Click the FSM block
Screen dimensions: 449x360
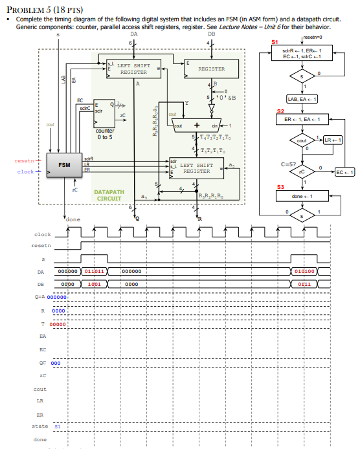[65, 165]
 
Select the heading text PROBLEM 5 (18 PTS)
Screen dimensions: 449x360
[40, 9]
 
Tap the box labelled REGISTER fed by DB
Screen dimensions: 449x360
[211, 68]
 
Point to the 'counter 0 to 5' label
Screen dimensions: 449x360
[105, 134]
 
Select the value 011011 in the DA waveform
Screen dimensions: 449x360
[95, 272]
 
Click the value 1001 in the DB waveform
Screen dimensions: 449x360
[93, 284]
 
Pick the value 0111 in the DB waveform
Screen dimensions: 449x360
[304, 284]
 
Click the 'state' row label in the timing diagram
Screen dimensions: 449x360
[40, 426]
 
